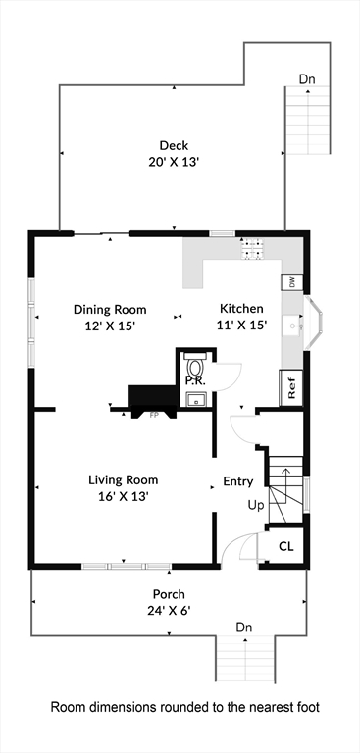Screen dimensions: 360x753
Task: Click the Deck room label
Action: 174,145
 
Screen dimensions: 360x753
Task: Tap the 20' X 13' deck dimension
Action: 174,162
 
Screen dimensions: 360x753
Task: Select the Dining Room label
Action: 110,309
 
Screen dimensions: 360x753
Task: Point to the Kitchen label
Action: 241,308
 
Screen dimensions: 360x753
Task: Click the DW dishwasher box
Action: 292,282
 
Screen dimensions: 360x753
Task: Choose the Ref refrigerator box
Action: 291,387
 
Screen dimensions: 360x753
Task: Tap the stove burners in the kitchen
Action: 253,249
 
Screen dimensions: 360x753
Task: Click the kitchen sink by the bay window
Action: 293,326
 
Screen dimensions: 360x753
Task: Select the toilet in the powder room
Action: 195,366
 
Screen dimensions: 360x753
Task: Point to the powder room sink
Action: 196,399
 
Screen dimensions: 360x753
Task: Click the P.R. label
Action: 195,381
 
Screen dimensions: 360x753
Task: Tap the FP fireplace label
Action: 154,416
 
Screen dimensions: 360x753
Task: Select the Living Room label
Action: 123,479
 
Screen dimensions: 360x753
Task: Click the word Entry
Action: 238,481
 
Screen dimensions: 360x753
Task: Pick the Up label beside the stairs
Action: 256,505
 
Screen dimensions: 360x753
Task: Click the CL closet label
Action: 286,546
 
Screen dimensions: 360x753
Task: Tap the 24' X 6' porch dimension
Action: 168,612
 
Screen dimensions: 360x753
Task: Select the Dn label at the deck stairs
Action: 307,79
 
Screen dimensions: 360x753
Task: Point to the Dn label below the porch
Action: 244,627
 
